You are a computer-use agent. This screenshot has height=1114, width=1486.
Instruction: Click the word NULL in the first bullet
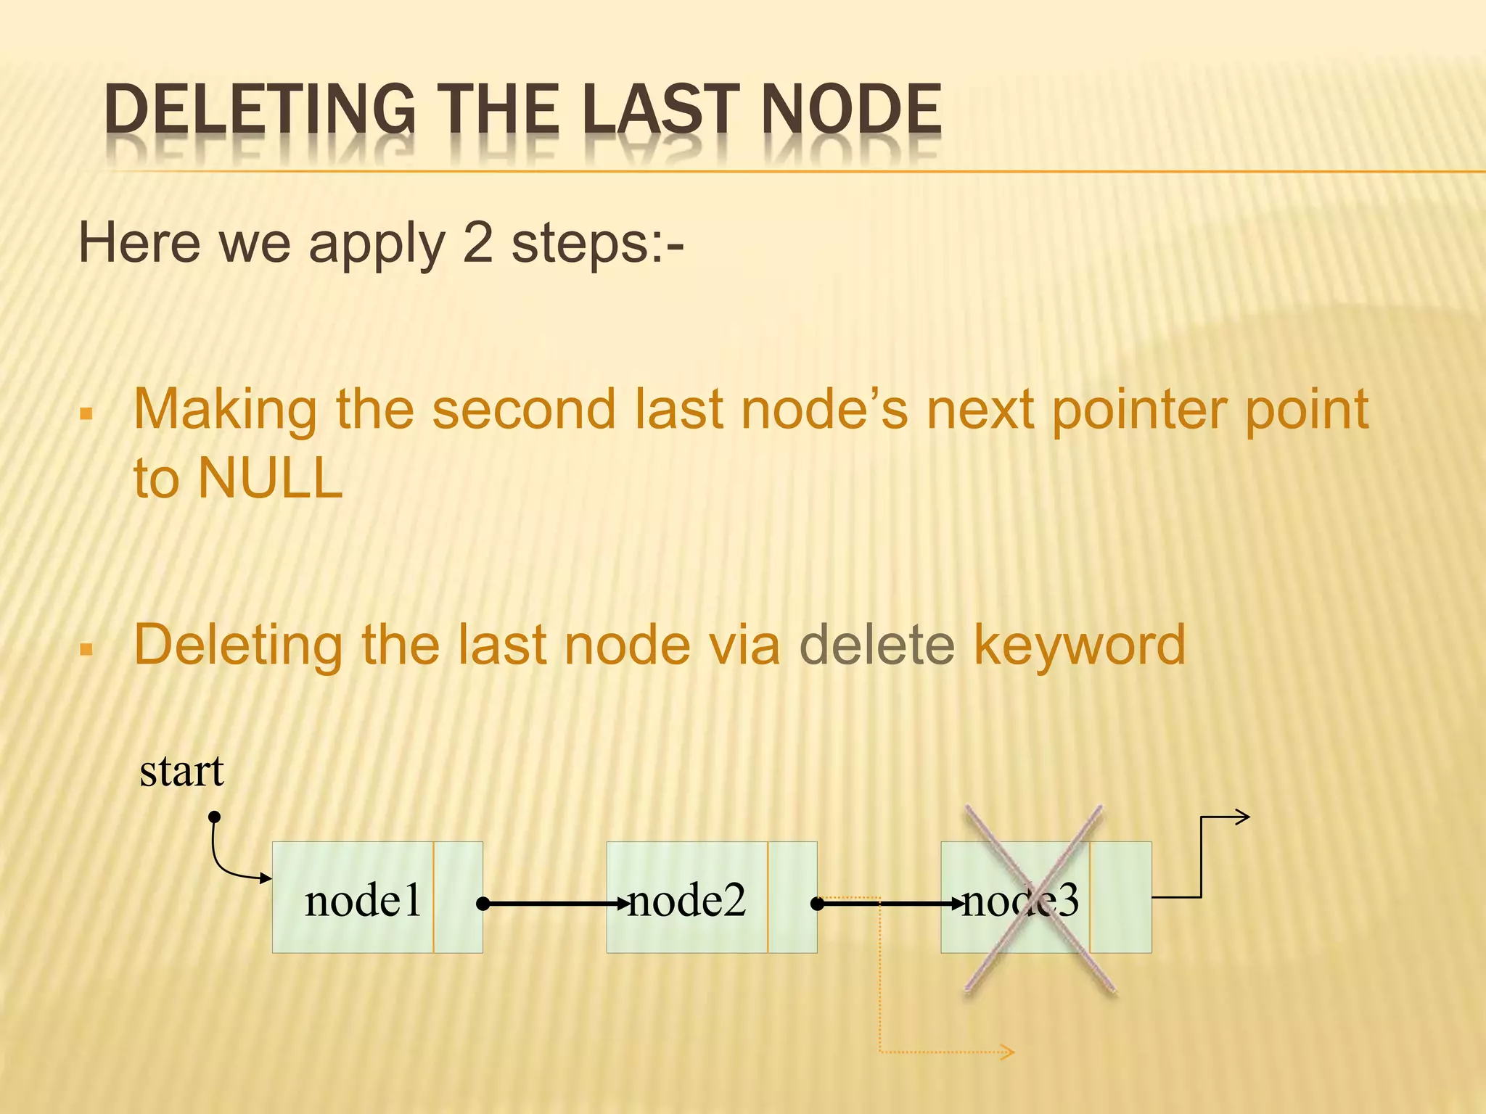pyautogui.click(x=270, y=479)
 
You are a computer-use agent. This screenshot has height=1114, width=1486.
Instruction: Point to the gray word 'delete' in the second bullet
pyautogui.click(x=877, y=645)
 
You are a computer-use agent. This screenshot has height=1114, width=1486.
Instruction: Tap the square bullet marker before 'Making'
pyautogui.click(x=87, y=415)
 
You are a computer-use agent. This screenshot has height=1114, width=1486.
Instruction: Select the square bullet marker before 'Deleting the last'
pyautogui.click(x=87, y=649)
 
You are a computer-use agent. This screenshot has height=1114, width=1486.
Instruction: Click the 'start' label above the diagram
pyautogui.click(x=181, y=770)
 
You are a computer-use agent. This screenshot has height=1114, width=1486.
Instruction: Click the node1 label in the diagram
pyautogui.click(x=363, y=901)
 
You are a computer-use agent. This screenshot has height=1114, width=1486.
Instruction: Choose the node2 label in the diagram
pyautogui.click(x=687, y=901)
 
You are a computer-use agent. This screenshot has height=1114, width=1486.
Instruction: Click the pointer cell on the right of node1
pyautogui.click(x=459, y=897)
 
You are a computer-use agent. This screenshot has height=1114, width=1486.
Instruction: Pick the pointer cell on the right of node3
pyautogui.click(x=1120, y=897)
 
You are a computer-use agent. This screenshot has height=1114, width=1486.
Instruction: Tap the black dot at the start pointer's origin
pyautogui.click(x=214, y=817)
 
